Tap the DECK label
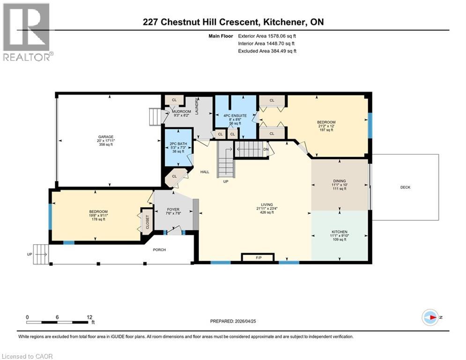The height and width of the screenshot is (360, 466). [405, 187]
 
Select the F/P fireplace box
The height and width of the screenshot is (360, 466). [258, 257]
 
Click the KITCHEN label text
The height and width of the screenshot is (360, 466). [340, 232]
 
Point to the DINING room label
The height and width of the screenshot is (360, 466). [340, 181]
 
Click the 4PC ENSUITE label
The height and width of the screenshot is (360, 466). [236, 115]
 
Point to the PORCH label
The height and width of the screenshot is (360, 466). [159, 249]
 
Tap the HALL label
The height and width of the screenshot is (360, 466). [205, 172]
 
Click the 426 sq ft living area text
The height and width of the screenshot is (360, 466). [266, 213]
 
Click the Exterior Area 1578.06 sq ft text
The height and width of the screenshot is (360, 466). [267, 36]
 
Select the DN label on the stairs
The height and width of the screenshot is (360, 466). [266, 150]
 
